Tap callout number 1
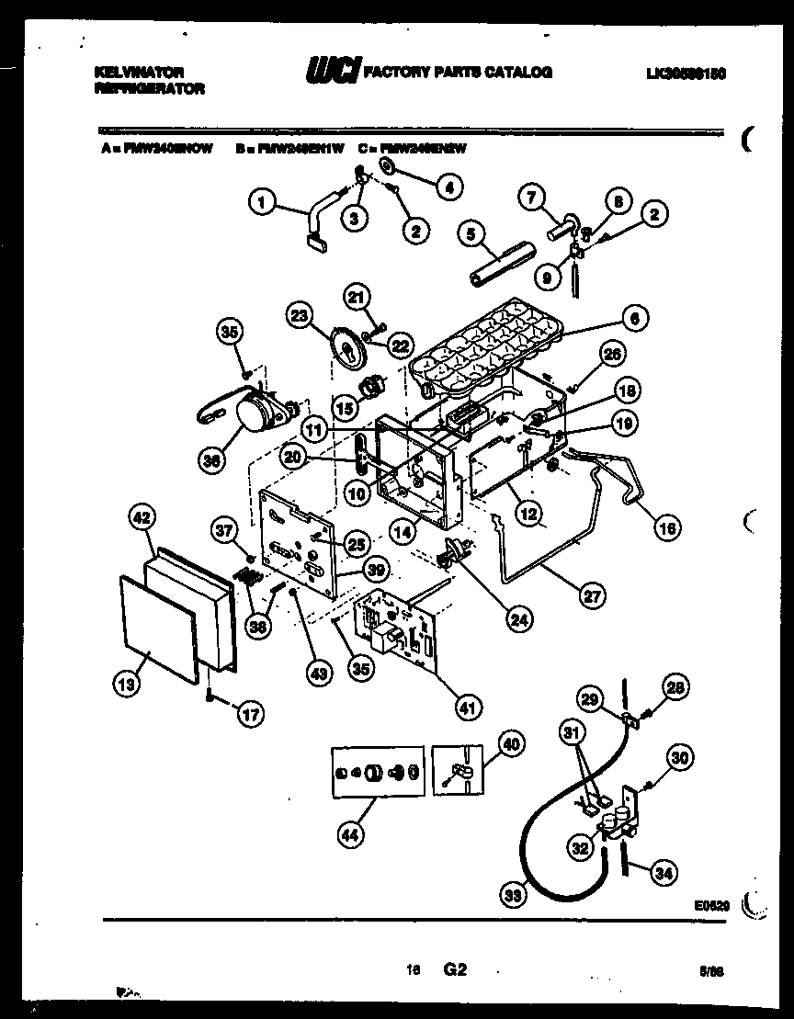coord(263,201)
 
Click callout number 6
coord(633,318)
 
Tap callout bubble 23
coord(300,315)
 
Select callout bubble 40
coord(510,743)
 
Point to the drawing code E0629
coord(713,905)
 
